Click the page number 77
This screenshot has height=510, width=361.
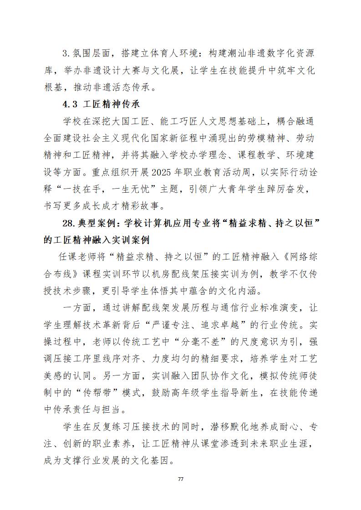click(180, 479)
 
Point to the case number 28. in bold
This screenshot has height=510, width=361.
click(70, 223)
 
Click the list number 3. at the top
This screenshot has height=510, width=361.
click(66, 54)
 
